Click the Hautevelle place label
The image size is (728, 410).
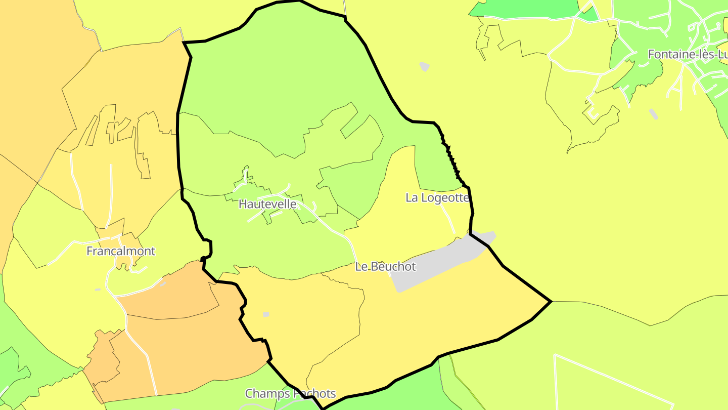click(267, 204)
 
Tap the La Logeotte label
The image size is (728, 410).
click(437, 197)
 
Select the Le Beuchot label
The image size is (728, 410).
click(385, 266)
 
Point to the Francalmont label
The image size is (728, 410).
click(121, 251)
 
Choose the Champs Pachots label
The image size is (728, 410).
click(290, 393)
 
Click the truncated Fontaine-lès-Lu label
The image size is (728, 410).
click(688, 54)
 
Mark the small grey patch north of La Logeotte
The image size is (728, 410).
click(425, 66)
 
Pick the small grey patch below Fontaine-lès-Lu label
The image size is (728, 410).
click(654, 114)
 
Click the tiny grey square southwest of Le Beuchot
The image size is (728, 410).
click(266, 314)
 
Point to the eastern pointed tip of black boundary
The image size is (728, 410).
click(550, 302)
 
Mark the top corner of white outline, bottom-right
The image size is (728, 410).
click(555, 355)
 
